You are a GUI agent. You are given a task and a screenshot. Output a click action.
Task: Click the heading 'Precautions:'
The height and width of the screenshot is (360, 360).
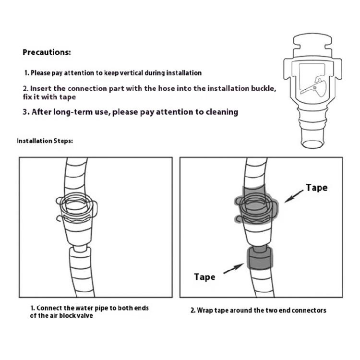pyautogui.click(x=47, y=52)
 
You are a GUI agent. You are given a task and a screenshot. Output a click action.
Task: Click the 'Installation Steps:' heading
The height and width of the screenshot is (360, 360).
pyautogui.click(x=45, y=141)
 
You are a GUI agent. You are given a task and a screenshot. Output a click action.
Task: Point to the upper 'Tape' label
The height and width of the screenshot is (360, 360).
pyautogui.click(x=316, y=188)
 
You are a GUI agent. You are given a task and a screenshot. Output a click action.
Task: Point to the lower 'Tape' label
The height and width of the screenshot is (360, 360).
pyautogui.click(x=204, y=276)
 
